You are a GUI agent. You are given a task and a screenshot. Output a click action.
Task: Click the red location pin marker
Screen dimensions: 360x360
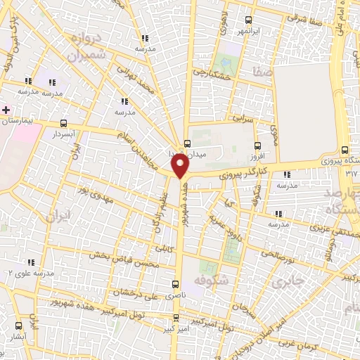(181, 167)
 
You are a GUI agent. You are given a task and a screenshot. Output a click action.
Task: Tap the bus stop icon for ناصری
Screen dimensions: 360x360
(176, 285)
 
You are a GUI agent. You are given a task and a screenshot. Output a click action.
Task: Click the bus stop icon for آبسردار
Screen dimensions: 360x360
(65, 122)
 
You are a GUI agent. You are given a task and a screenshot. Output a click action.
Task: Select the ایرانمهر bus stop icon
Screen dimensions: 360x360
(247, 20)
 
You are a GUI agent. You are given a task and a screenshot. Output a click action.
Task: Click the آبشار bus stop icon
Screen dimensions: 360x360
(19, 326)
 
